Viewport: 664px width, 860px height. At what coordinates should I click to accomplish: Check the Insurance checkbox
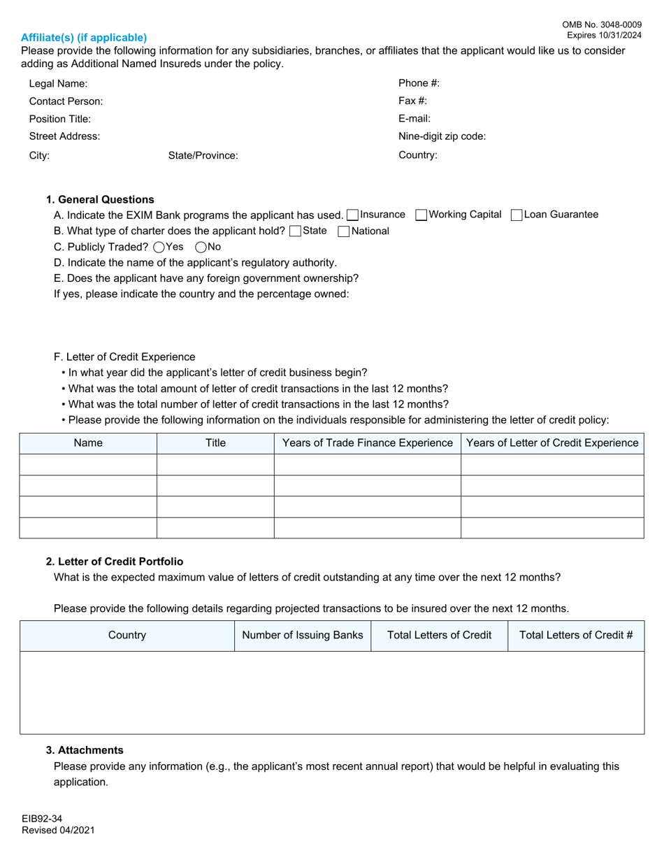[353, 215]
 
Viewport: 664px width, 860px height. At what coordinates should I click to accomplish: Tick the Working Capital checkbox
[421, 215]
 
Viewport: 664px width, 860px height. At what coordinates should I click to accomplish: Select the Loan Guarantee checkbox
[517, 215]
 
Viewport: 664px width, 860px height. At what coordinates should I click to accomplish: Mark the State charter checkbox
[295, 231]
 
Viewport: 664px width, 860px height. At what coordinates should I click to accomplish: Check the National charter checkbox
[343, 231]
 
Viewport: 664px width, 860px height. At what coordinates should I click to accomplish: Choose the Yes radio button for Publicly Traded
[159, 247]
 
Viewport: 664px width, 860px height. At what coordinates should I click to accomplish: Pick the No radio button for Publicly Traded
[201, 247]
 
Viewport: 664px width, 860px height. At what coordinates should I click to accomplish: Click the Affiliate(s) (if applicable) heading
[84, 38]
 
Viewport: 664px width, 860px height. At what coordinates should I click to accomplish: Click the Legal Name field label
[58, 84]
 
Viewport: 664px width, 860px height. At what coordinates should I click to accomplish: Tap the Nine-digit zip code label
[442, 136]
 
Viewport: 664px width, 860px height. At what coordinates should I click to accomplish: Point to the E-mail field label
[414, 119]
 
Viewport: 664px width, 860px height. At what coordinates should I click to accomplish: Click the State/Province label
[203, 156]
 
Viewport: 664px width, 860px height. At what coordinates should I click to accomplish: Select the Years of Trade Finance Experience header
[367, 443]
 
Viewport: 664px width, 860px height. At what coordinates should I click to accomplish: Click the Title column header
[215, 443]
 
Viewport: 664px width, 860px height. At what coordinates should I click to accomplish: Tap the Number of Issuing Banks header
[302, 636]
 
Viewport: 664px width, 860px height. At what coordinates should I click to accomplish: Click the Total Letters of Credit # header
[576, 636]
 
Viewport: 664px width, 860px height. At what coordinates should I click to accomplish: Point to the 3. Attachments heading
[85, 750]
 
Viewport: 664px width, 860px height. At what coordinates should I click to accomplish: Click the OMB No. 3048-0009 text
[602, 24]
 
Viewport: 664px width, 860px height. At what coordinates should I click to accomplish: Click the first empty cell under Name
[88, 465]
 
